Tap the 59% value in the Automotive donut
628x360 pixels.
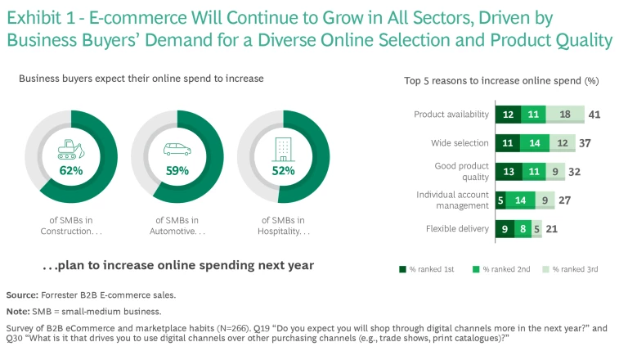[177, 171]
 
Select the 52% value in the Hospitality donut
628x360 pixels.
[283, 171]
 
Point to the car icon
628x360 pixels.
[177, 150]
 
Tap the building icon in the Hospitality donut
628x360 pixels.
[283, 150]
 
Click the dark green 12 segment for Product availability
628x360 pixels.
[507, 115]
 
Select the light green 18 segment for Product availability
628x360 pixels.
[566, 115]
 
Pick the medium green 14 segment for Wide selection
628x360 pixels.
[534, 143]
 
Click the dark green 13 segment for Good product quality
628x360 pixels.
[508, 172]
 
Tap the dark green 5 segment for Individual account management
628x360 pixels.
[500, 200]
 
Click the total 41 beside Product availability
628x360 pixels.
[594, 115]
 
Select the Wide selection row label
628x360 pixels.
[460, 143]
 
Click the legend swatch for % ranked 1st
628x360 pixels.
[402, 268]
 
